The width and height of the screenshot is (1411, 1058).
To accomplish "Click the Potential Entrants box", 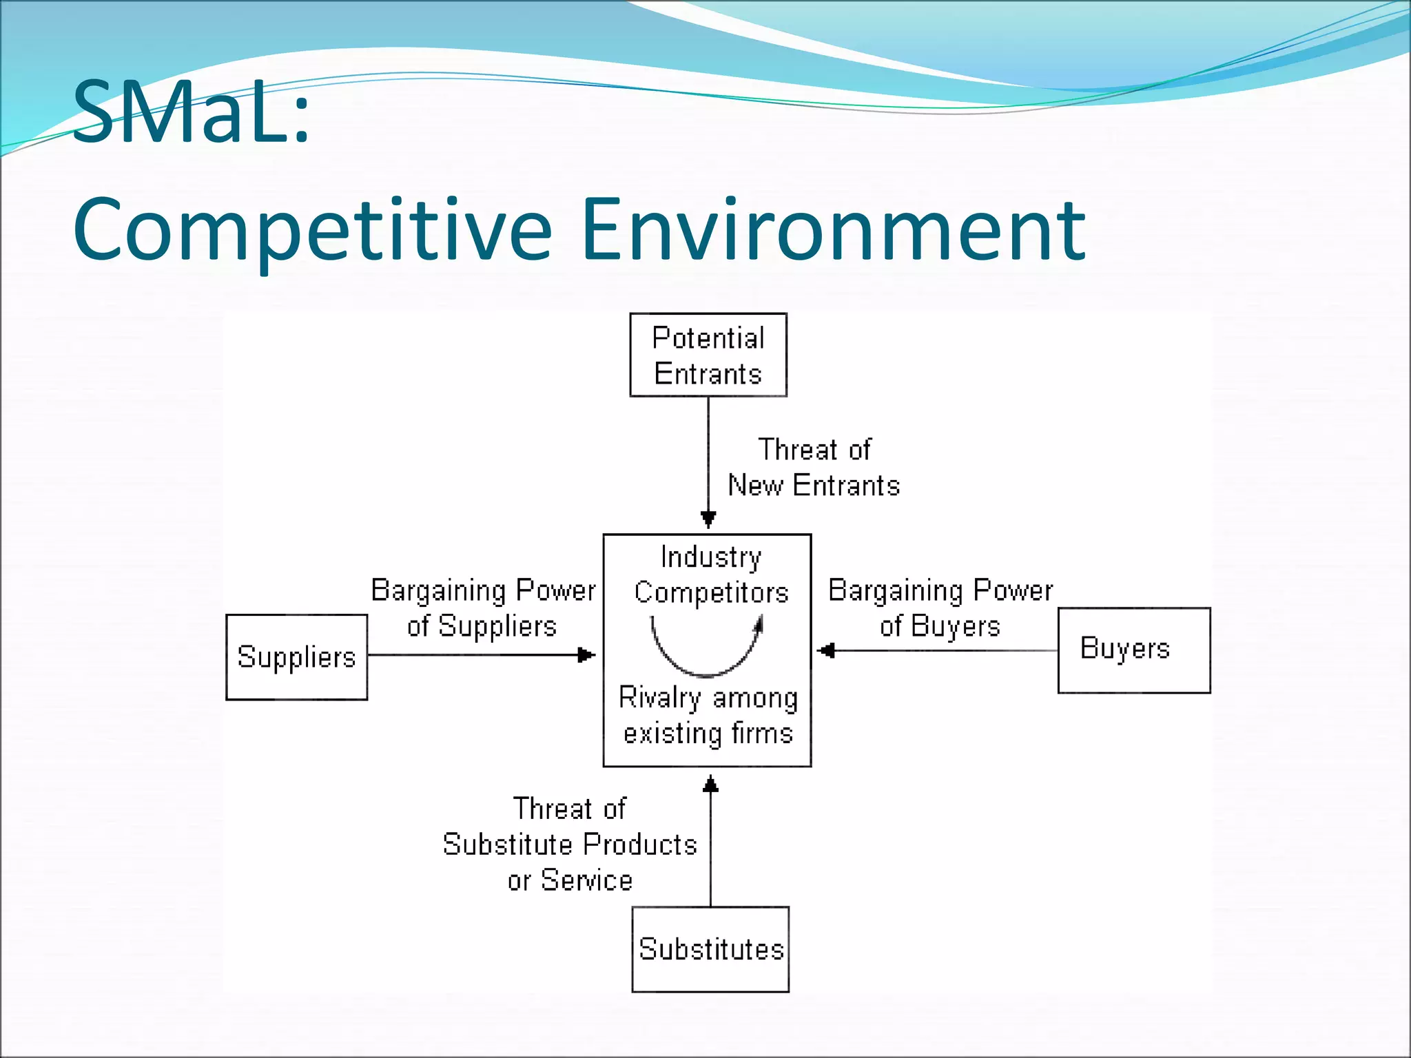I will click(708, 355).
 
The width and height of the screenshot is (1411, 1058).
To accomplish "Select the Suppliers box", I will click(296, 657).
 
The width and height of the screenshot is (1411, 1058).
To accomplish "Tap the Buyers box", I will click(1133, 650).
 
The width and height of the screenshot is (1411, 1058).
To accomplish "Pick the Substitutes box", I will click(710, 949).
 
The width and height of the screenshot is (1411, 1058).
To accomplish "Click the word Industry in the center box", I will click(710, 557).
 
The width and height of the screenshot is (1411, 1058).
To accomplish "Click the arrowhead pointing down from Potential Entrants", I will click(708, 519).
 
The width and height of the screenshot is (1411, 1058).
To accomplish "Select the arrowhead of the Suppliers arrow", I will click(586, 654).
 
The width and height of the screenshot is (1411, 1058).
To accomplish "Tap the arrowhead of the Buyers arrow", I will click(826, 650).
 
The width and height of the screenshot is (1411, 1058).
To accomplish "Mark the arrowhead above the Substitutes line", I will click(710, 785).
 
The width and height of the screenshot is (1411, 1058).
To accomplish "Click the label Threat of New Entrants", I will click(814, 468).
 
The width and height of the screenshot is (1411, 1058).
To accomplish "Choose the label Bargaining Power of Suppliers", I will click(483, 608).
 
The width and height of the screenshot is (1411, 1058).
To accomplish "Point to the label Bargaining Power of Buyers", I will click(940, 608).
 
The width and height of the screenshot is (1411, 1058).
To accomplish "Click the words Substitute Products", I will click(570, 844).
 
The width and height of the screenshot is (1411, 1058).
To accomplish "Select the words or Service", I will click(570, 880).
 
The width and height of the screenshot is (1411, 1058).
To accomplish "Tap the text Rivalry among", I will click(708, 698).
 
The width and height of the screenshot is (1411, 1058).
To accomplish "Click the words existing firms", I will click(708, 734).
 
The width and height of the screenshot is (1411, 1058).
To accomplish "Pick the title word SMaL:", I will click(191, 112).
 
